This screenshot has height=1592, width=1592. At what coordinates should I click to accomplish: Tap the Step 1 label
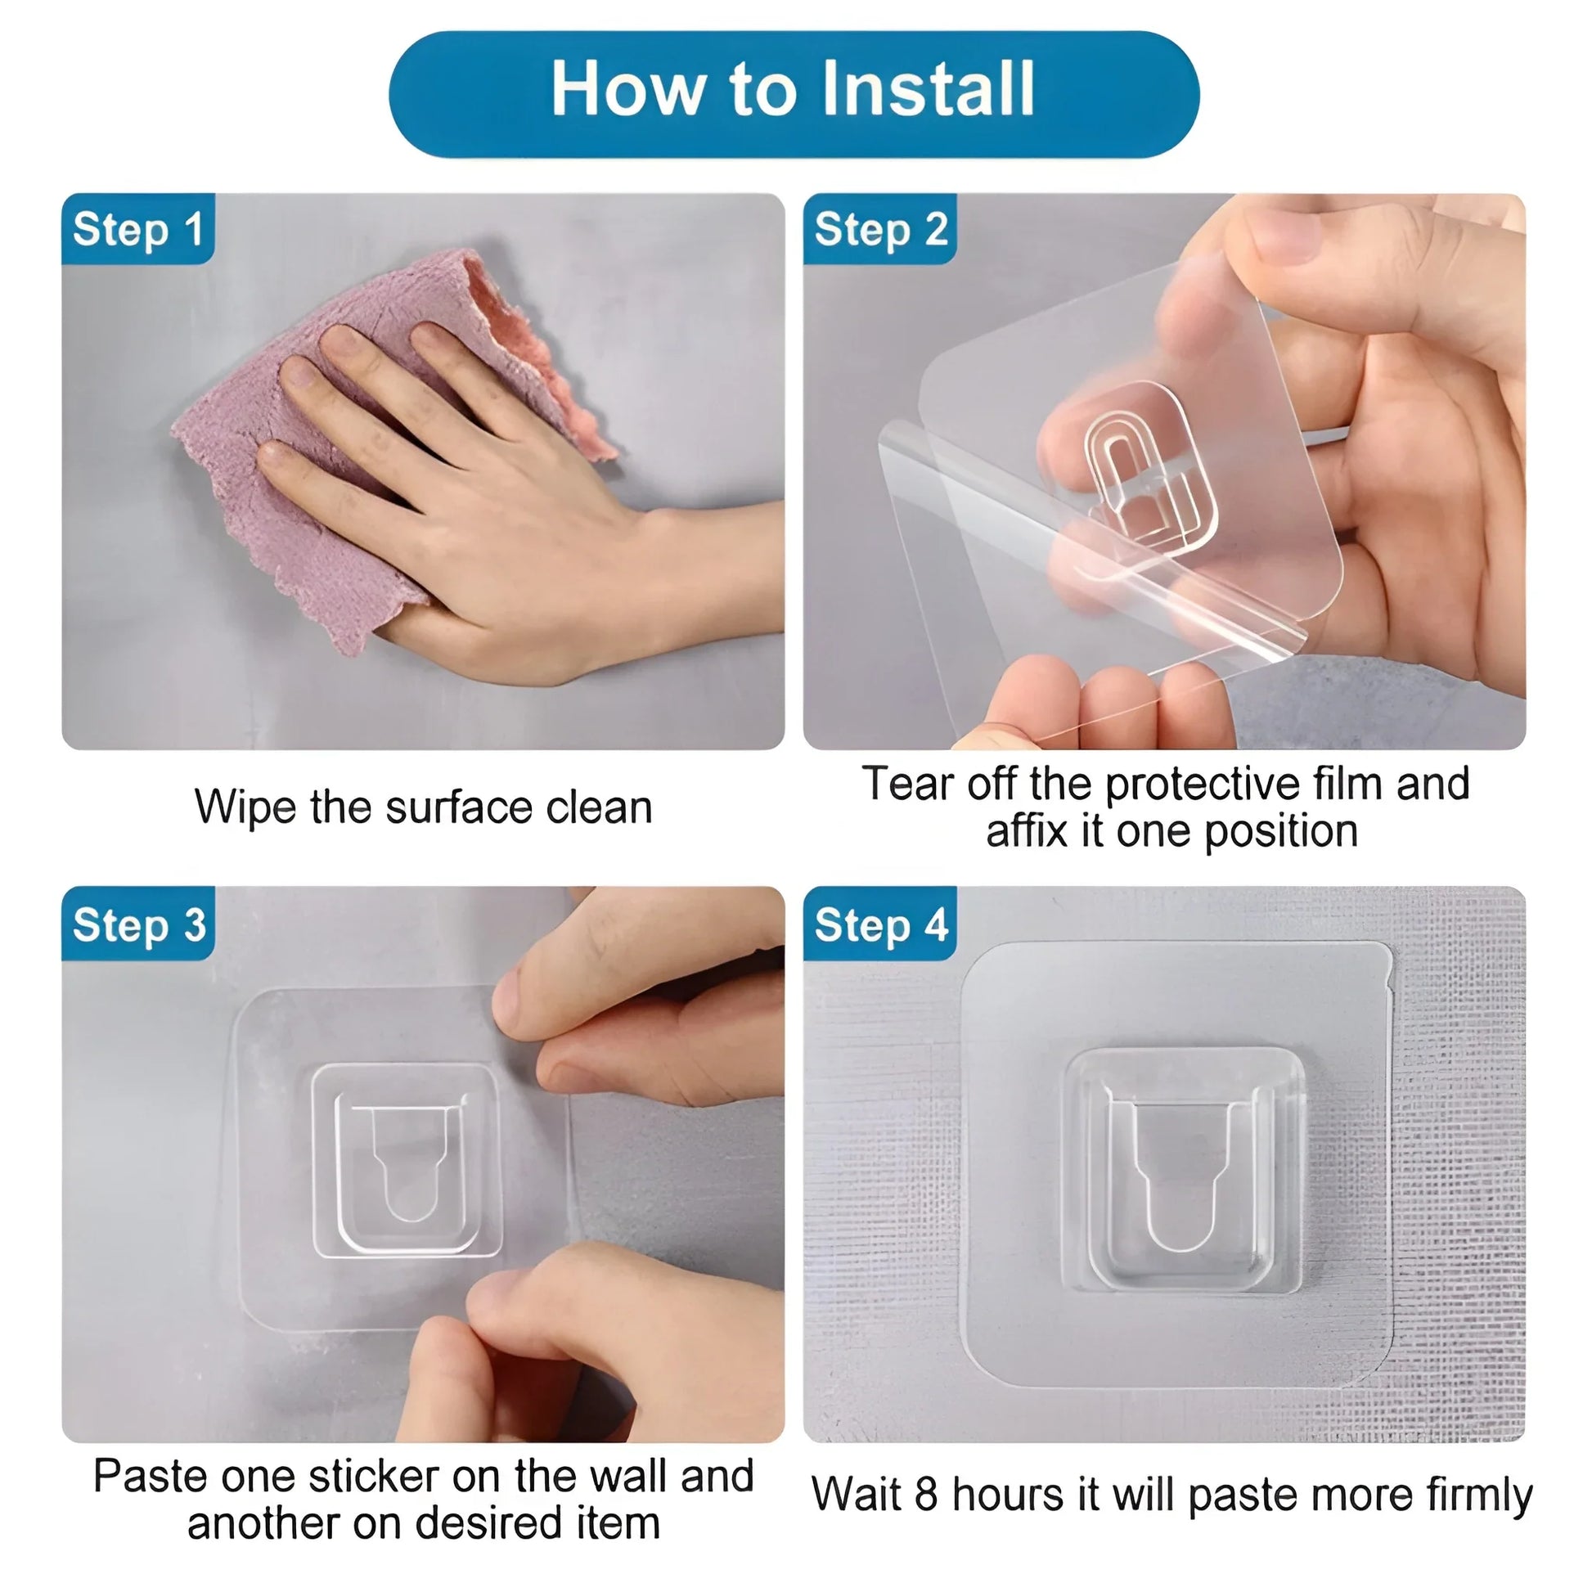click(x=137, y=229)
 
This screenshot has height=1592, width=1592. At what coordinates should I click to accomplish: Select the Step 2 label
click(x=880, y=229)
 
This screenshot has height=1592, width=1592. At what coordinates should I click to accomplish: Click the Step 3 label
click(x=138, y=924)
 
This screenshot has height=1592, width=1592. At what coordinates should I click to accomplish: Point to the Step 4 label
click(x=880, y=924)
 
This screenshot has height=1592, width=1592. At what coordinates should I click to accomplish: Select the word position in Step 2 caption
click(x=1280, y=832)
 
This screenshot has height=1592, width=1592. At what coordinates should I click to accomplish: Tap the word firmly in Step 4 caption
click(x=1479, y=1494)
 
